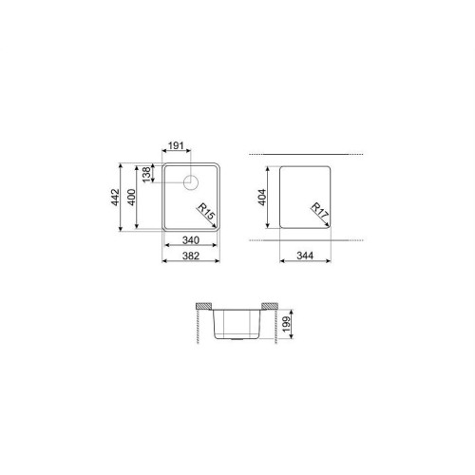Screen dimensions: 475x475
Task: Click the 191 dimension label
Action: (x=176, y=145)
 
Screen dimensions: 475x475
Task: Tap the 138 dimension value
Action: (x=146, y=175)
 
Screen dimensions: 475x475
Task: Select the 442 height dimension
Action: (x=115, y=197)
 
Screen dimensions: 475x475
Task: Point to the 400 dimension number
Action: (x=131, y=197)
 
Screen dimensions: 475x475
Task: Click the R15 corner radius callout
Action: (x=206, y=212)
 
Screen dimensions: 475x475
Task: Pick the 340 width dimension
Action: (x=191, y=240)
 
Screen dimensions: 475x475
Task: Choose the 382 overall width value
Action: (x=191, y=256)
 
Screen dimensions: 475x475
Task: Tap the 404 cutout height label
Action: (x=262, y=197)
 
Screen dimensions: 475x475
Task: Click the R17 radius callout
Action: (x=319, y=212)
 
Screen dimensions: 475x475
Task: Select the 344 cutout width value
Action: (x=305, y=256)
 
